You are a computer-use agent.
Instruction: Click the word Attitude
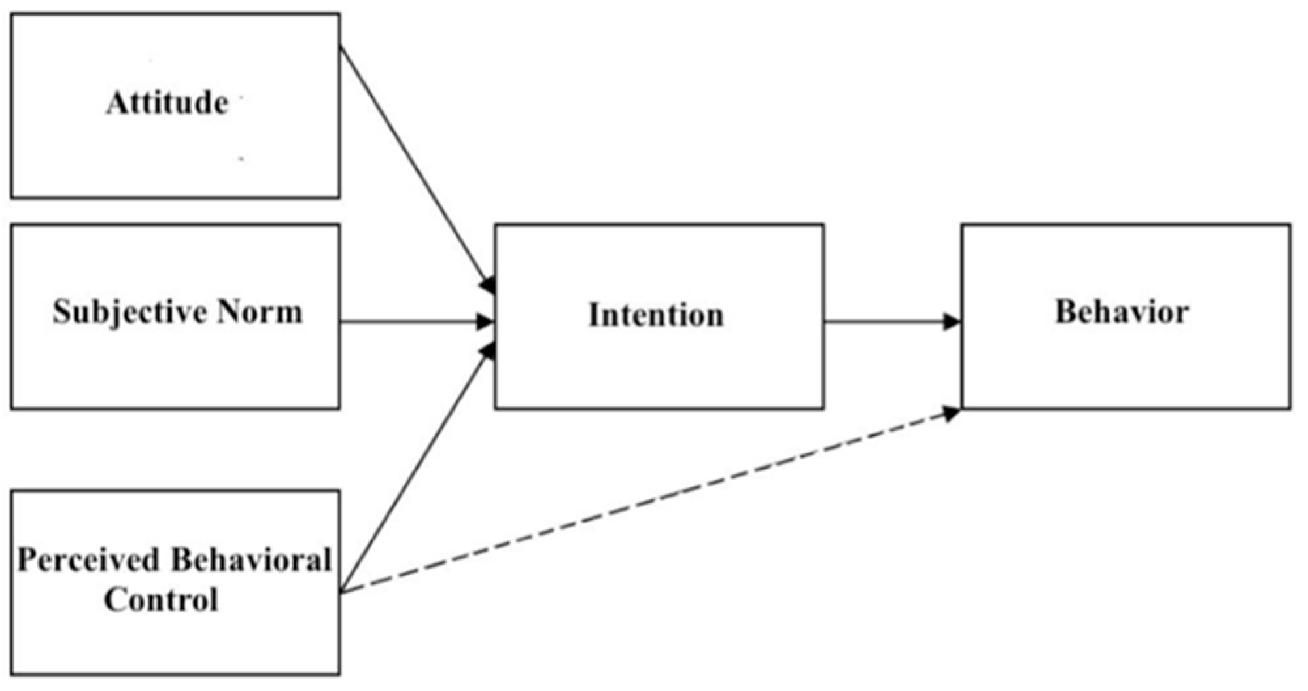click(167, 103)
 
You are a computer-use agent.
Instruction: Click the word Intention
click(656, 315)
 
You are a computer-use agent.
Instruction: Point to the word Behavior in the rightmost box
click(1122, 311)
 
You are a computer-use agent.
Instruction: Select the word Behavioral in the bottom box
click(251, 560)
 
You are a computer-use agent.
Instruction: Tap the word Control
click(161, 599)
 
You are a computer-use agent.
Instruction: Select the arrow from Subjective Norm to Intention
click(412, 322)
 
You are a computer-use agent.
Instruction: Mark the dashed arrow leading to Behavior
click(654, 501)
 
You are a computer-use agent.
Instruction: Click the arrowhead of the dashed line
click(952, 413)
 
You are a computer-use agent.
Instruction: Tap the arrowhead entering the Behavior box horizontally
click(952, 322)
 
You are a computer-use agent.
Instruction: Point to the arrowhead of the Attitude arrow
click(488, 286)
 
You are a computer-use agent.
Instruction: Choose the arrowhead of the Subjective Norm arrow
click(485, 322)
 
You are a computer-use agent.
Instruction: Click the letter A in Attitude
click(116, 103)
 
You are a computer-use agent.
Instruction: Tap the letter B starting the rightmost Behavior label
click(1065, 311)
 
